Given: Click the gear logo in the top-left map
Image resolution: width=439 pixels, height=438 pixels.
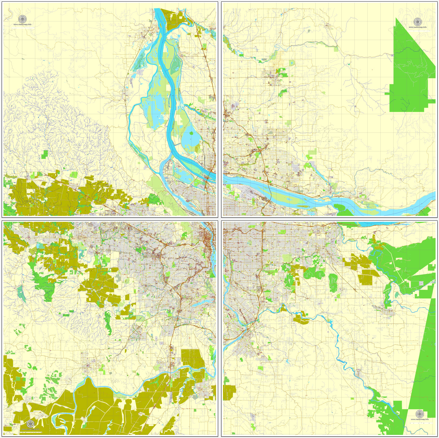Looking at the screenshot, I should pyautogui.click(x=22, y=19).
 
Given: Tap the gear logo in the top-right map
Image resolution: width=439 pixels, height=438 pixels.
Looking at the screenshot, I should pyautogui.click(x=417, y=22).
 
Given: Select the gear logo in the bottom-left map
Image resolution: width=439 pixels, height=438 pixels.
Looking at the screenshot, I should pyautogui.click(x=30, y=424).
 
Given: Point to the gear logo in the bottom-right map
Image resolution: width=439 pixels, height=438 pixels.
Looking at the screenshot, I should pyautogui.click(x=420, y=414).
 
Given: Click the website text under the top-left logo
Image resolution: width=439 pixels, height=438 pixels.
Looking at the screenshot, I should pyautogui.click(x=22, y=25).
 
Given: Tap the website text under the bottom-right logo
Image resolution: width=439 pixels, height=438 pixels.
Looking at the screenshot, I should pyautogui.click(x=420, y=419).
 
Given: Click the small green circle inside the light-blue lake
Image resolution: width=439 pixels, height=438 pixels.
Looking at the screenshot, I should pyautogui.click(x=192, y=133).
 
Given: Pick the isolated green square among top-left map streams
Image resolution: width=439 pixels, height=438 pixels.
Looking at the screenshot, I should pyautogui.click(x=45, y=154).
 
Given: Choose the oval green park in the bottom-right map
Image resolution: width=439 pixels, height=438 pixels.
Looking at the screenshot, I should pyautogui.click(x=333, y=282).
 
